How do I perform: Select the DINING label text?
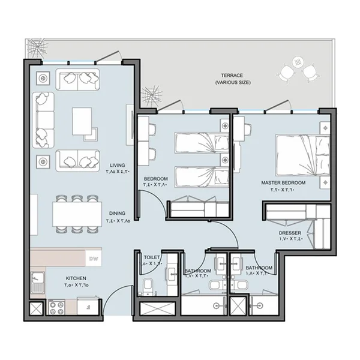pyautogui.click(x=118, y=212)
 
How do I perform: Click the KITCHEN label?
pyautogui.click(x=77, y=278)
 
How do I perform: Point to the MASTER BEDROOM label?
pyautogui.click(x=283, y=182)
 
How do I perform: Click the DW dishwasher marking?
pyautogui.click(x=93, y=259)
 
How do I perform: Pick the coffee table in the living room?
pyautogui.click(x=82, y=121)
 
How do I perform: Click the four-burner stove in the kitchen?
pyautogui.click(x=56, y=308)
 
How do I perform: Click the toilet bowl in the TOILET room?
pyautogui.click(x=146, y=285)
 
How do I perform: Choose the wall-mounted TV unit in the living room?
pyautogui.click(x=130, y=125)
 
